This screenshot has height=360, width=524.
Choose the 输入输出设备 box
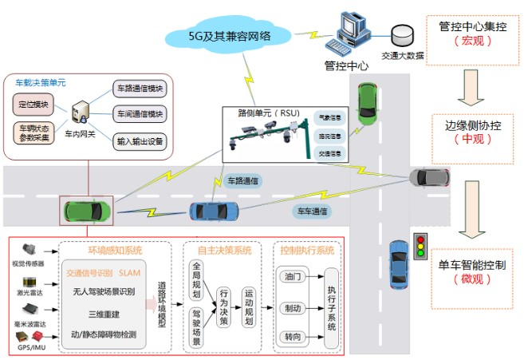pos(140,141)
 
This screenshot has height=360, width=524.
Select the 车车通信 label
pos(311,211)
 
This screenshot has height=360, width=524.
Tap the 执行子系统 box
pos(331,304)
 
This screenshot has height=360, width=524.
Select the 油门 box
pos(292,276)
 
